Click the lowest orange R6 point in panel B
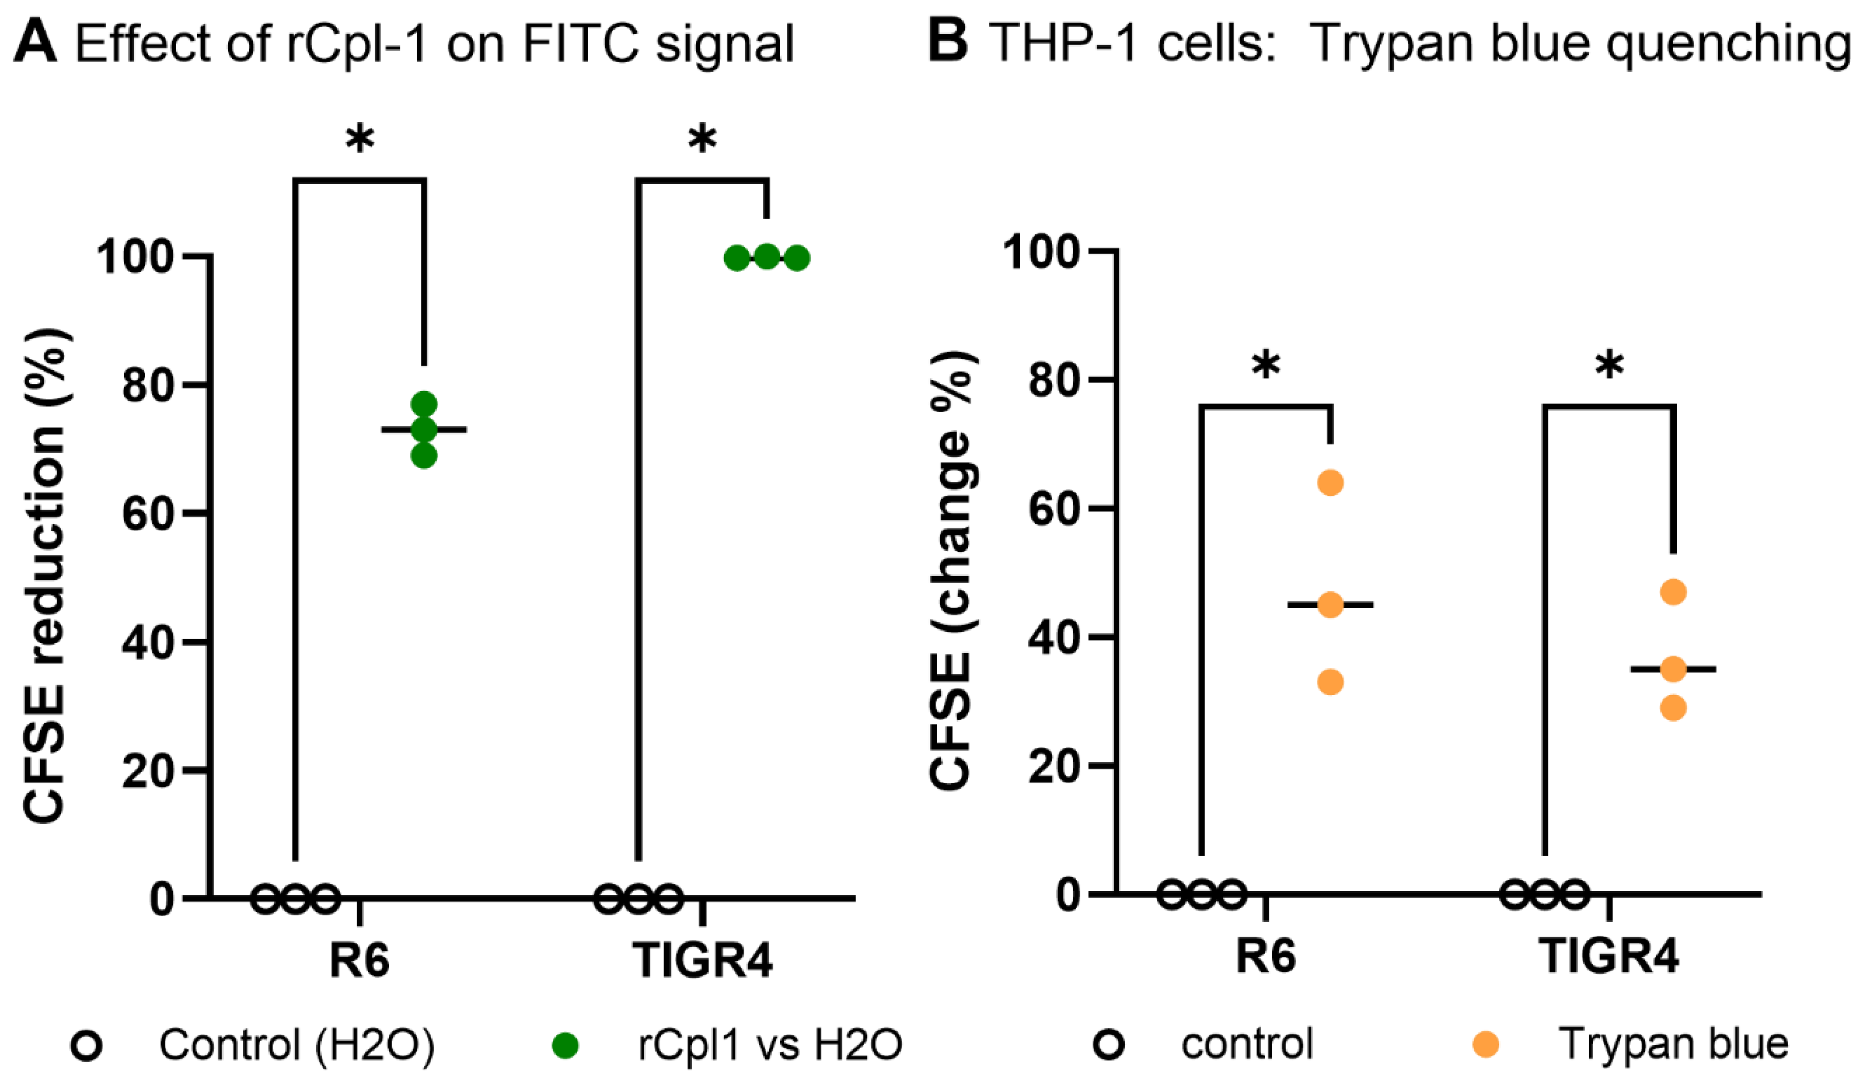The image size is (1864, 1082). [x=1330, y=682]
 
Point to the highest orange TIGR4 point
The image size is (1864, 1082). [x=1673, y=592]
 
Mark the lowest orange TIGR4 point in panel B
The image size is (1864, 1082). [x=1673, y=708]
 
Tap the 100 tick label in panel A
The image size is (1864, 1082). [x=135, y=257]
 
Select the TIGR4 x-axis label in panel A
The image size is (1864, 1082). [x=702, y=960]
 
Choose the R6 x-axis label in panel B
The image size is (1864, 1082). [x=1266, y=956]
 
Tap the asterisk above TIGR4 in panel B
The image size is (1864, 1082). [x=1609, y=365]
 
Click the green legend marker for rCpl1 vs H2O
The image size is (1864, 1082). [x=566, y=1045]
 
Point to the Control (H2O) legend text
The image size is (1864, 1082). [x=297, y=1045]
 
